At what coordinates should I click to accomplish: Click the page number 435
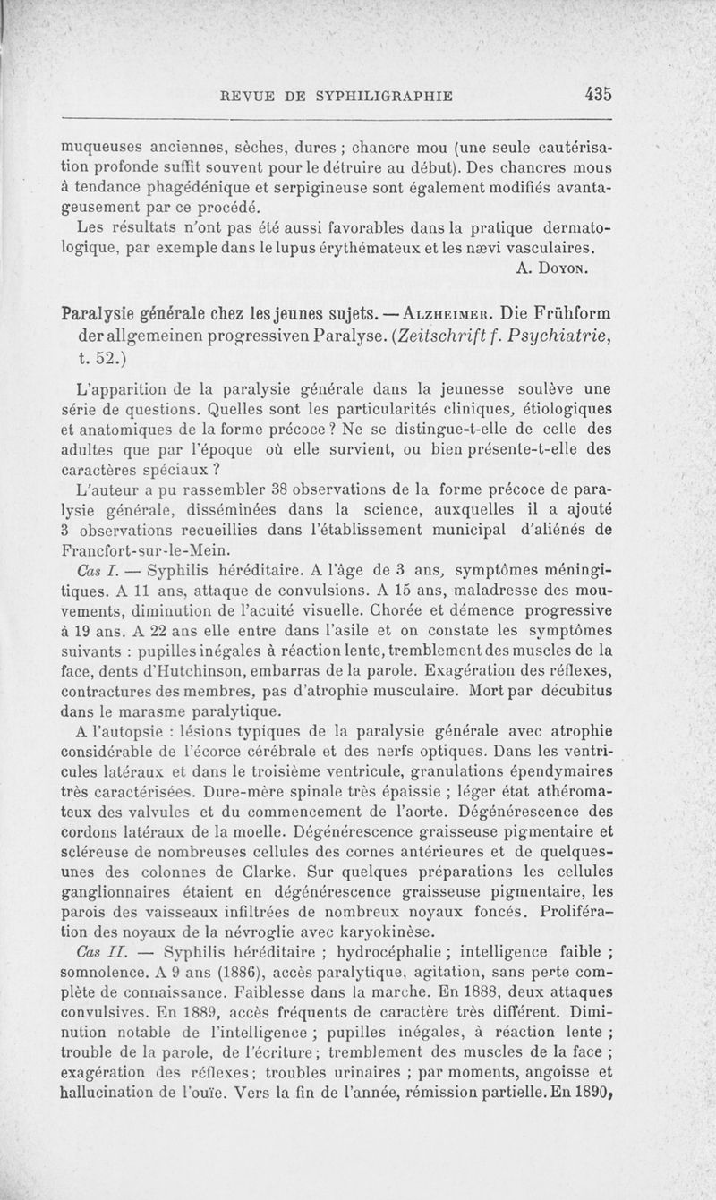[x=594, y=93]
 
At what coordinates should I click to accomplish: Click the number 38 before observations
[x=268, y=488]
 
